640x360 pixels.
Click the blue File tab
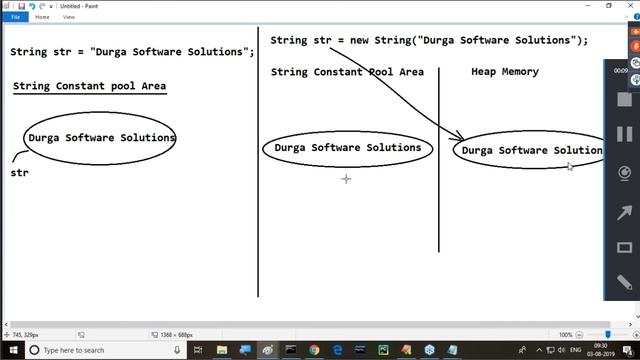coord(15,17)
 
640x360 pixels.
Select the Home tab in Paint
coord(42,17)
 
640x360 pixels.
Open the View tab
coord(69,17)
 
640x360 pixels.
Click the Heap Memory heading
coord(504,72)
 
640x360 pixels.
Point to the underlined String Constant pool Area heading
coord(89,87)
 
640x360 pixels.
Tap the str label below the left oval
coord(19,173)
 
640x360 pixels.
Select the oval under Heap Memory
coord(530,150)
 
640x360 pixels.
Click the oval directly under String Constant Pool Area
coord(347,148)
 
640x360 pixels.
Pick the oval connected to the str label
coord(101,138)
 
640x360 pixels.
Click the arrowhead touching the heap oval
coord(459,138)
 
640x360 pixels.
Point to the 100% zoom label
coord(565,335)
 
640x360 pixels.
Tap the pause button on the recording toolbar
coord(625,133)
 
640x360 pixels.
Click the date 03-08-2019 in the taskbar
coord(599,354)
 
